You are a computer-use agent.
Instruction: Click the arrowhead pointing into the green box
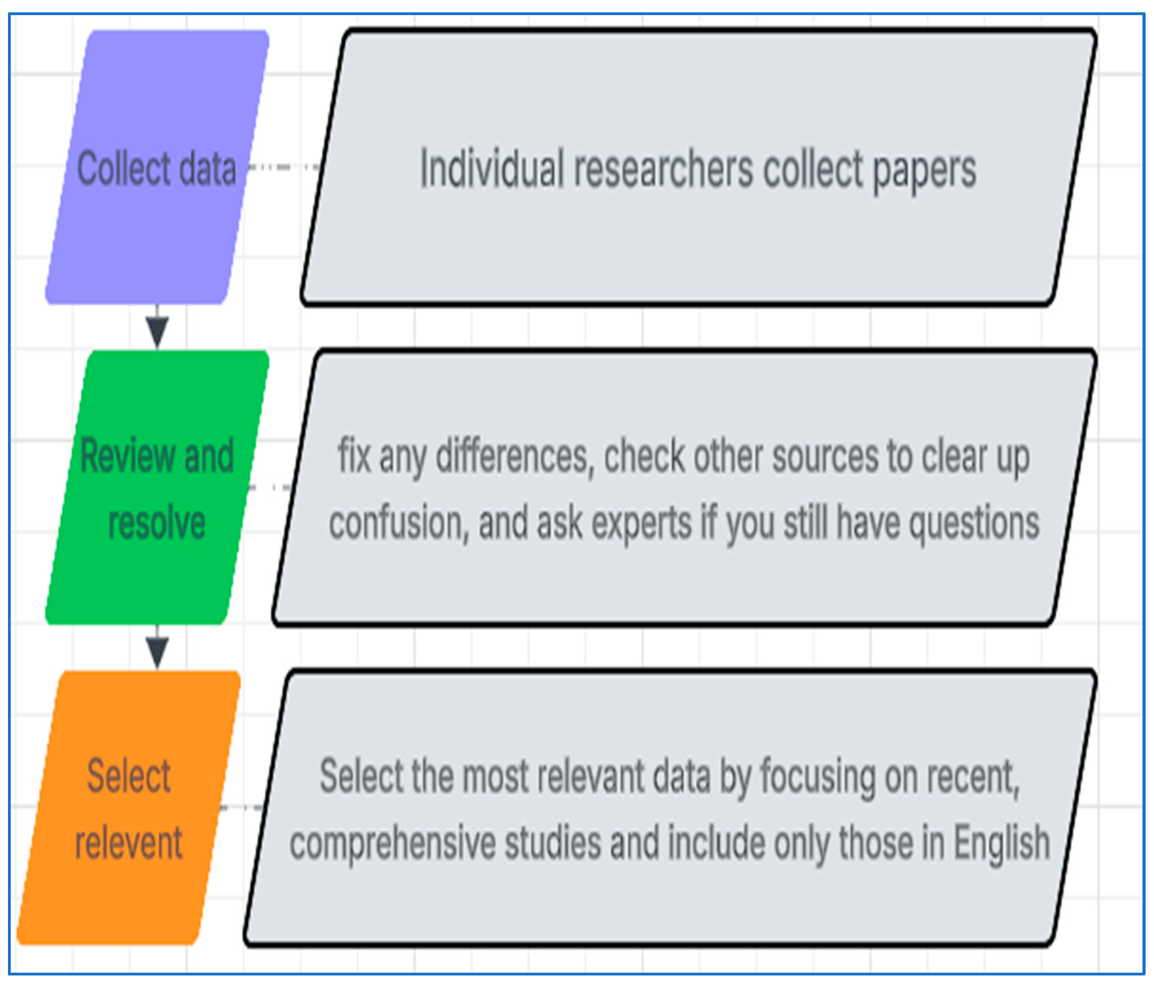coord(157,331)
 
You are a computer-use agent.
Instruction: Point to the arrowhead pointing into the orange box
coord(157,652)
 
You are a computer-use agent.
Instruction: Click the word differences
coord(513,457)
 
